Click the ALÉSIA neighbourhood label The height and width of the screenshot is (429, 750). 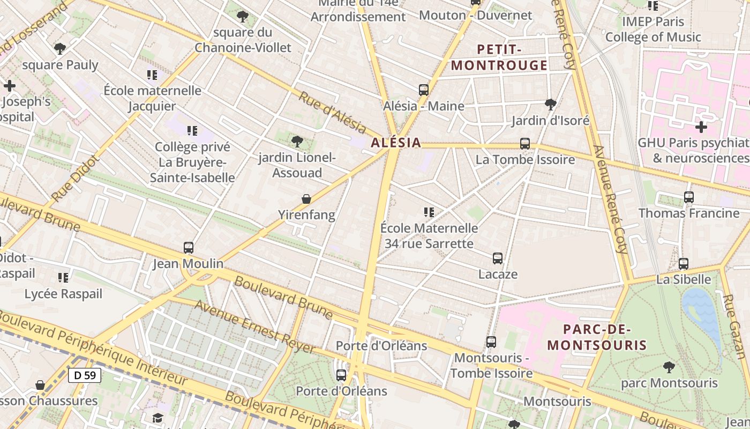396,143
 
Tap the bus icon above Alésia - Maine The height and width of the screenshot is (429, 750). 424,90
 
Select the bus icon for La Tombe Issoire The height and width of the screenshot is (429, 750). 525,144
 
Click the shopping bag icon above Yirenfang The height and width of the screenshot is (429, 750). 306,199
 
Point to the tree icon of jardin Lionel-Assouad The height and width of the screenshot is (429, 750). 297,142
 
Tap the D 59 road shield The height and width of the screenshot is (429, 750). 85,375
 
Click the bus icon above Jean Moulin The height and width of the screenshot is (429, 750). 189,248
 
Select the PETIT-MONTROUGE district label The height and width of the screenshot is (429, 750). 499,57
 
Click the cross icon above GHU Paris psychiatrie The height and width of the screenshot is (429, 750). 701,127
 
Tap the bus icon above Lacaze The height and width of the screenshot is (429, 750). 498,258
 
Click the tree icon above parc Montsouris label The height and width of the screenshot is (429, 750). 669,367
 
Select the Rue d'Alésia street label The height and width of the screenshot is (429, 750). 332,113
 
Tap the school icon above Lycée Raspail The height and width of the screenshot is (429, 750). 63,278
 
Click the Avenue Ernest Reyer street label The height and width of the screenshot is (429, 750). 254,327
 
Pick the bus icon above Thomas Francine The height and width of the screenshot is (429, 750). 689,197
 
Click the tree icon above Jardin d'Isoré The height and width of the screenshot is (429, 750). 550,104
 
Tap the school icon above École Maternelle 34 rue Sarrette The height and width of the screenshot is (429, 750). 429,212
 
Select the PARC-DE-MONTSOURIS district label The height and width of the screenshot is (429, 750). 597,337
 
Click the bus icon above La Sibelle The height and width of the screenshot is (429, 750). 684,264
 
